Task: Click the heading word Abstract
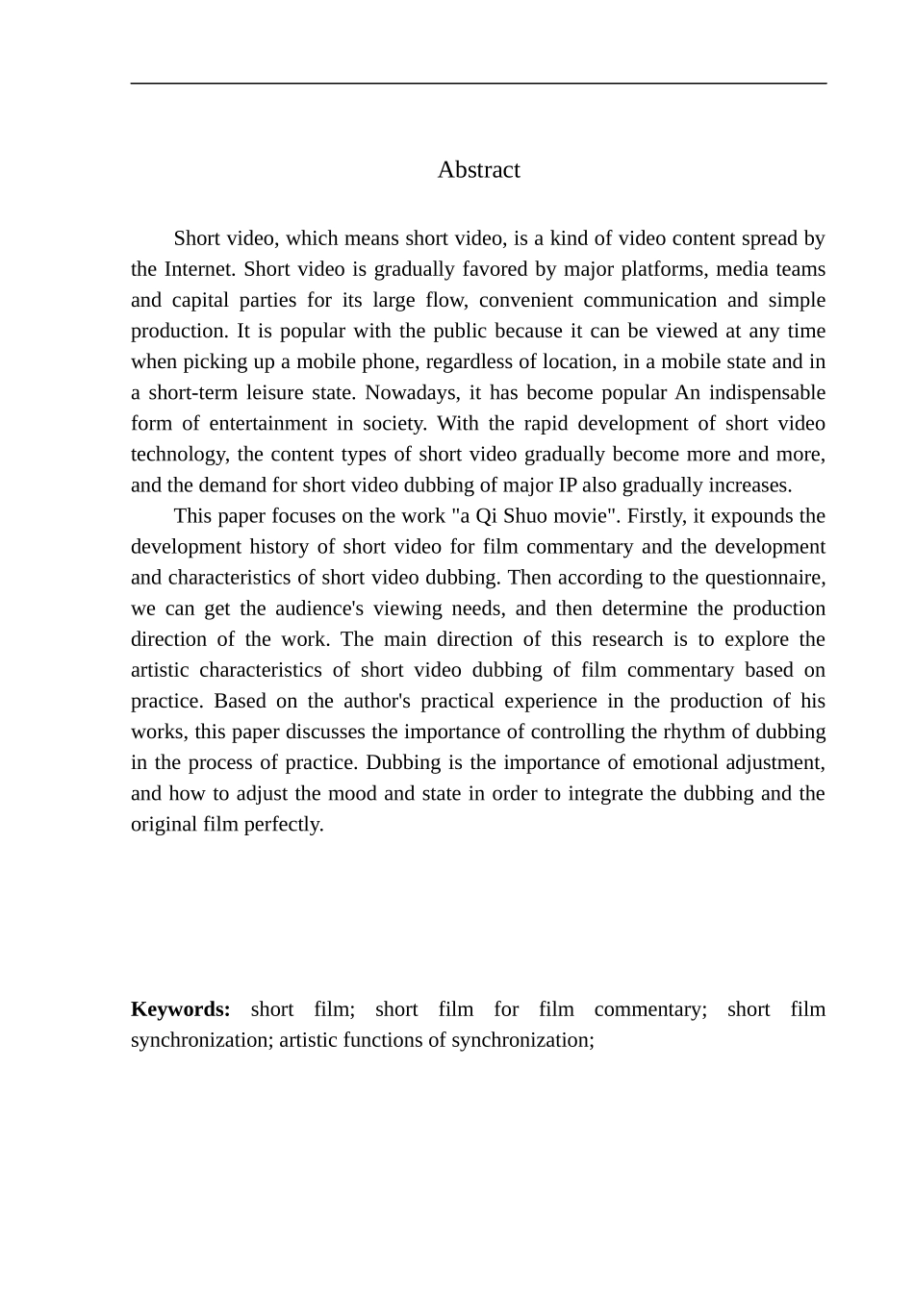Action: pos(478,170)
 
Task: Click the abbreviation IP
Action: pos(568,484)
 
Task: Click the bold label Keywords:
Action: pos(181,1009)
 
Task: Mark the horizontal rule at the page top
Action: pos(478,84)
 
